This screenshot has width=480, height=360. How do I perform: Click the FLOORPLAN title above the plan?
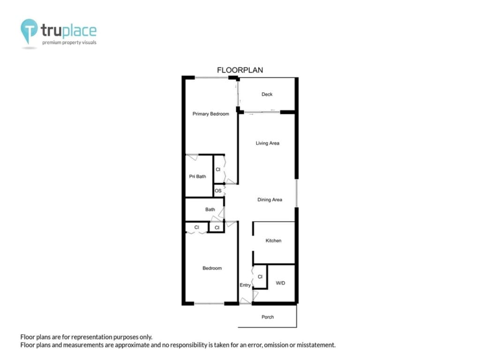point(240,70)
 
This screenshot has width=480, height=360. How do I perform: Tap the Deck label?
point(267,94)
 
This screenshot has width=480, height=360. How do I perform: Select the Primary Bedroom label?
point(210,114)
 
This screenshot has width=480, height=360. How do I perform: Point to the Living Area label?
point(268,143)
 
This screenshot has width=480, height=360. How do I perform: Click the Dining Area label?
point(270,200)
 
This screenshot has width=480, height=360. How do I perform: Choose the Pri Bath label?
point(197,176)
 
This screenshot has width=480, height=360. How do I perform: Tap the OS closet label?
point(218,191)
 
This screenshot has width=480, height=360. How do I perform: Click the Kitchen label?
point(273,240)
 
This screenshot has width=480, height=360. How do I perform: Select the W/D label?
point(280,283)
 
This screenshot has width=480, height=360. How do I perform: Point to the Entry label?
point(245,285)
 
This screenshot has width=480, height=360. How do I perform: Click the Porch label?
point(268,317)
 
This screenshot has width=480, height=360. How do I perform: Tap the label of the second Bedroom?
point(212,268)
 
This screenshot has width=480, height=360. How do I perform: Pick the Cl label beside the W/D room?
point(260,277)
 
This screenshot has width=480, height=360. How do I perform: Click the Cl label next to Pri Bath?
point(218,169)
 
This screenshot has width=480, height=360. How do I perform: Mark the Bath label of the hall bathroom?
point(210,210)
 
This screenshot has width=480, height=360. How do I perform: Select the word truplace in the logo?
point(68,30)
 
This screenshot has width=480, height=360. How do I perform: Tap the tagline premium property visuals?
point(69,43)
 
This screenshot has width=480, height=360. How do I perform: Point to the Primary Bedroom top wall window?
point(211,77)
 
